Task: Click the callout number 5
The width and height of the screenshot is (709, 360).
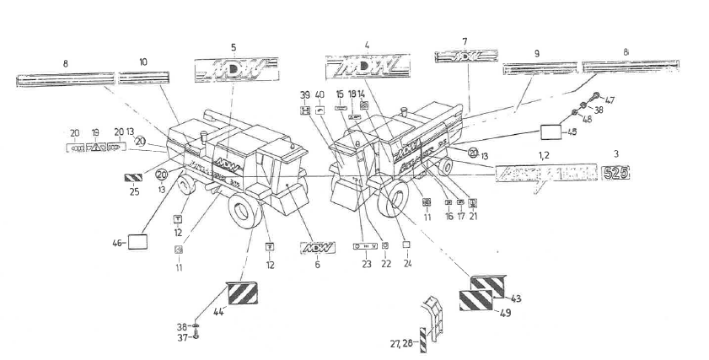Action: pos(234,47)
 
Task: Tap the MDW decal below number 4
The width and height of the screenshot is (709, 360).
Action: pos(367,66)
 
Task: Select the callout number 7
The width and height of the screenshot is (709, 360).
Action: pos(464,41)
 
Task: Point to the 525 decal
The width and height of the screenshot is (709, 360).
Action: pos(615,174)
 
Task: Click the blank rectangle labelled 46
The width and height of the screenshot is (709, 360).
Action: pos(137,243)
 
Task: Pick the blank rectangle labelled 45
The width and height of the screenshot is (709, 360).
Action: pos(552,132)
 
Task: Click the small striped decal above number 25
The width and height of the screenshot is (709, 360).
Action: pos(134,178)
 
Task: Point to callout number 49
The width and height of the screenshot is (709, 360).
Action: pos(506,313)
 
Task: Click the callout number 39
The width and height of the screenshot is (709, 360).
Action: pos(305,94)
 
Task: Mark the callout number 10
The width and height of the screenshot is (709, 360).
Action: pos(142,62)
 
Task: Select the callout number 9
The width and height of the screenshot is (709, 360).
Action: pos(536,53)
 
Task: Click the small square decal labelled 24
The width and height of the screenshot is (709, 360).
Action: pos(408,246)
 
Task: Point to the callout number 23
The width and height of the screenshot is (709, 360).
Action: pos(366,263)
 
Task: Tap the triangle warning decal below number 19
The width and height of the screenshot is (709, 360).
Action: pos(96,146)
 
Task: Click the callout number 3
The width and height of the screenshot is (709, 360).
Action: pos(615,154)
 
